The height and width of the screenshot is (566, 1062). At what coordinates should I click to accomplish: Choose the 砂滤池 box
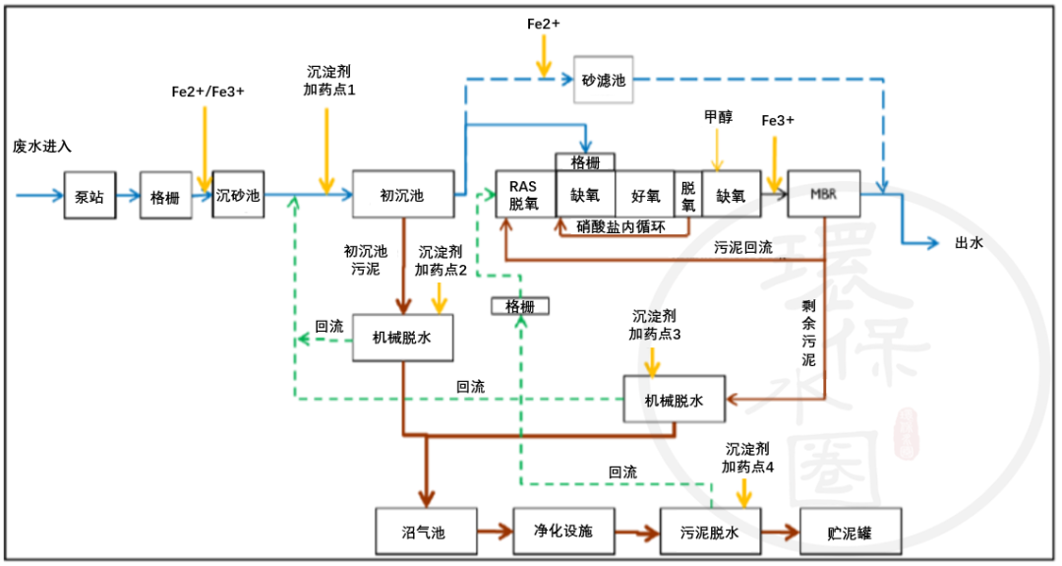click(602, 80)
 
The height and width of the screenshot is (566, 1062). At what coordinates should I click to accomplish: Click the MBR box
click(824, 195)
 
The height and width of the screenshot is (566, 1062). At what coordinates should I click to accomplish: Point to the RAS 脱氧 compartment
click(524, 195)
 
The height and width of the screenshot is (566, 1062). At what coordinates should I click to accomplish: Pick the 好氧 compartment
click(645, 195)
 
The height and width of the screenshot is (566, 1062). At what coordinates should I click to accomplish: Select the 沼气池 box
click(425, 533)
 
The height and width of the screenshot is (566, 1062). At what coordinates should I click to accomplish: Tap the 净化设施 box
click(563, 532)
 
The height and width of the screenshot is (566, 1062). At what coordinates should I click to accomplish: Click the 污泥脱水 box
click(709, 533)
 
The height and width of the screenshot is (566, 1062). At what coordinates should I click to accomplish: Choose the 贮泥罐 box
click(850, 533)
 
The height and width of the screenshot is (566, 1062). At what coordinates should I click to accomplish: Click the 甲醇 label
click(718, 116)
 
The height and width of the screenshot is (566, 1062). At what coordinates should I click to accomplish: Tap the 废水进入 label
click(42, 146)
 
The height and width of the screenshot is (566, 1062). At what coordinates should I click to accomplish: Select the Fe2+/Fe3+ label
click(207, 91)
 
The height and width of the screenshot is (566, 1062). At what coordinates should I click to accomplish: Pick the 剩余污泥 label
click(808, 334)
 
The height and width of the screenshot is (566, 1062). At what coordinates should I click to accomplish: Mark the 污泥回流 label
click(743, 247)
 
